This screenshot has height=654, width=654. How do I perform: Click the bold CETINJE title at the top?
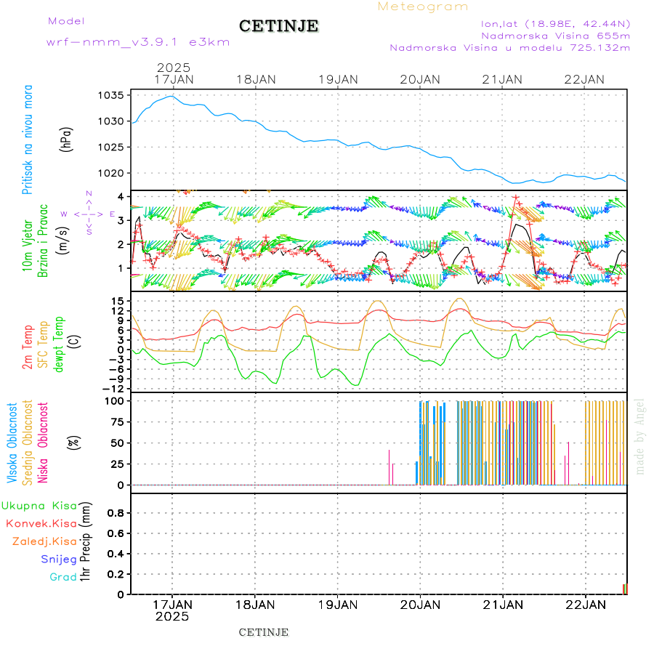279,26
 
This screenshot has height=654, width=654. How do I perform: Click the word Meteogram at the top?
423,7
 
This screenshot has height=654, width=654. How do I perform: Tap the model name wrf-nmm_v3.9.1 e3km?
138,42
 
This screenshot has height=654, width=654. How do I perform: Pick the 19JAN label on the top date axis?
338,79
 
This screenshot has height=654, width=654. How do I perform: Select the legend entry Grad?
62,577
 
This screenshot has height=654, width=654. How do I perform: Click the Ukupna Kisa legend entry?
39,505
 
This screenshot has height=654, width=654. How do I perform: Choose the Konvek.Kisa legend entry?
41,523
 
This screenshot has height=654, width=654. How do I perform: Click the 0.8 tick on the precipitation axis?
116,513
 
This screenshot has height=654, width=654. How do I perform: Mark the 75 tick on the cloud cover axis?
116,421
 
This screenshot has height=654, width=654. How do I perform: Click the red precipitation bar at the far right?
625,589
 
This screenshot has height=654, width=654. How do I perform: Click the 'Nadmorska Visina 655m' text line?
555,35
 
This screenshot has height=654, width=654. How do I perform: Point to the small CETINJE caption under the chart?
264,632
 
